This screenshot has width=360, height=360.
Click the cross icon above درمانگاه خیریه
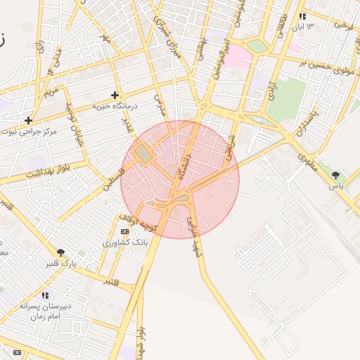pyautogui.click(x=115, y=95)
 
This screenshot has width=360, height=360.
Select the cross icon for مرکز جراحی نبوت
pyautogui.click(x=28, y=120)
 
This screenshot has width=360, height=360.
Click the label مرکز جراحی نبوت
pyautogui.click(x=29, y=131)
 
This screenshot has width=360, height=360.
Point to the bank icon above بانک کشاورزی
pyautogui.click(x=124, y=231)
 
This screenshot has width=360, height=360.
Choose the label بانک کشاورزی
pyautogui.click(x=124, y=243)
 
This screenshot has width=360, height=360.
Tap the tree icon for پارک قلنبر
pyautogui.click(x=61, y=252)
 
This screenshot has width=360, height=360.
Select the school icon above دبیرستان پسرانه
pyautogui.click(x=45, y=295)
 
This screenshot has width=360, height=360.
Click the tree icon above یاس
pyautogui.click(x=335, y=175)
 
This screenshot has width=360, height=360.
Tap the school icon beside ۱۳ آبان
pyautogui.click(x=302, y=16)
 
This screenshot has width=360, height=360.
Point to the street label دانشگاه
pyautogui.click(x=185, y=167)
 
